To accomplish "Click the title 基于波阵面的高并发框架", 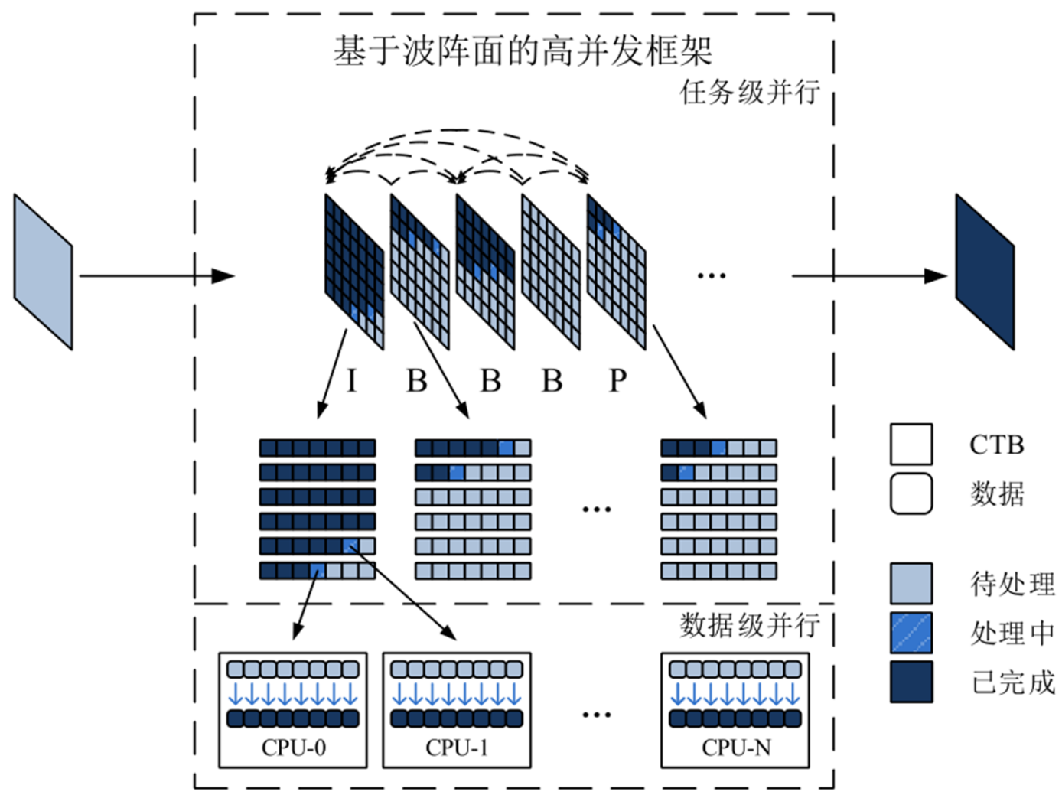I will click(x=522, y=51).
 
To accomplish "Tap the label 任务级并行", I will click(x=750, y=93).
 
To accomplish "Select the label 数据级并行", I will click(x=750, y=625).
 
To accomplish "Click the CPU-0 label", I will click(x=293, y=748).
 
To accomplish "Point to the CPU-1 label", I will click(x=457, y=748).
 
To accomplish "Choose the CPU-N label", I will click(x=736, y=748).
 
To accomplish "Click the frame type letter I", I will click(x=351, y=380).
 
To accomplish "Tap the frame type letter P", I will click(x=617, y=380).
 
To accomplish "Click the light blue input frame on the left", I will click(x=44, y=272).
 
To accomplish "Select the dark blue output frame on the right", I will click(x=985, y=272).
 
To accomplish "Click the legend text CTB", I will click(x=996, y=445).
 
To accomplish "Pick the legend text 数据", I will click(x=997, y=494).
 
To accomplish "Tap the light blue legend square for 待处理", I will click(x=911, y=584).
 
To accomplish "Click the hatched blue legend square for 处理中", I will click(x=911, y=633).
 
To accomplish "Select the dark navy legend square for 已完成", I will click(x=911, y=682).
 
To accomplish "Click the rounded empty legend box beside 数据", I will click(x=911, y=493).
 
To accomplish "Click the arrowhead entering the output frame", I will click(x=937, y=276).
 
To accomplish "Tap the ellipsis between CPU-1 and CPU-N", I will click(x=596, y=715).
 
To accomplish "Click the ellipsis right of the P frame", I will click(x=711, y=276).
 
